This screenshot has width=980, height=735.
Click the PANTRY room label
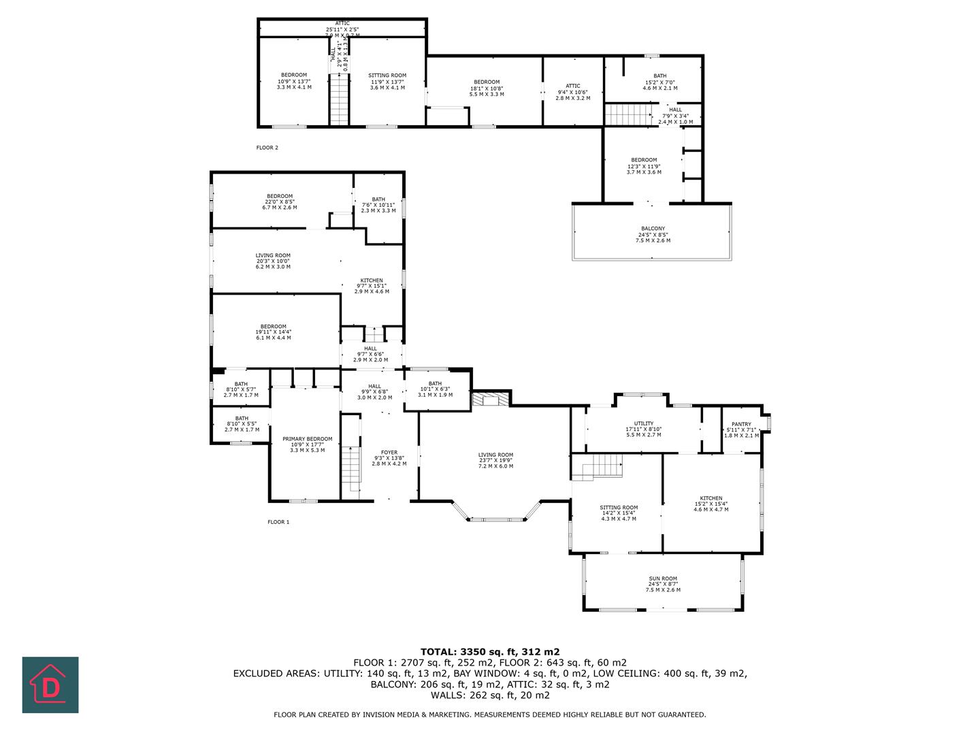[741, 424]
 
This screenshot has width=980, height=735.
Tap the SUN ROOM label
[662, 578]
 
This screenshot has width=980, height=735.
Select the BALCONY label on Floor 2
[653, 229]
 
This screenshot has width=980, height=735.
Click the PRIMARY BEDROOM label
[307, 439]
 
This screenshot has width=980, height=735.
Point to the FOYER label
[389, 453]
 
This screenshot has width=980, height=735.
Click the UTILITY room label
[643, 423]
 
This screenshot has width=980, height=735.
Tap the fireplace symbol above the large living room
[490, 399]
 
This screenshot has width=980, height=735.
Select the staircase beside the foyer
[350, 469]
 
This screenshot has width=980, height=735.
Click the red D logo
[50, 685]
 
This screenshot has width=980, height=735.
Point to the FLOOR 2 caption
[267, 148]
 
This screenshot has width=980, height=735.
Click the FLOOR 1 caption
[278, 522]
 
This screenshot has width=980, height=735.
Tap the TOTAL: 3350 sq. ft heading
[489, 651]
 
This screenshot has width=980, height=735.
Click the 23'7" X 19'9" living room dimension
[495, 461]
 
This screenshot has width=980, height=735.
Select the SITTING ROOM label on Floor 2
[387, 76]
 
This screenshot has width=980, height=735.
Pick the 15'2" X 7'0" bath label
[659, 82]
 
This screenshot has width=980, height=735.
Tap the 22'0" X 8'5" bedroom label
[279, 201]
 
